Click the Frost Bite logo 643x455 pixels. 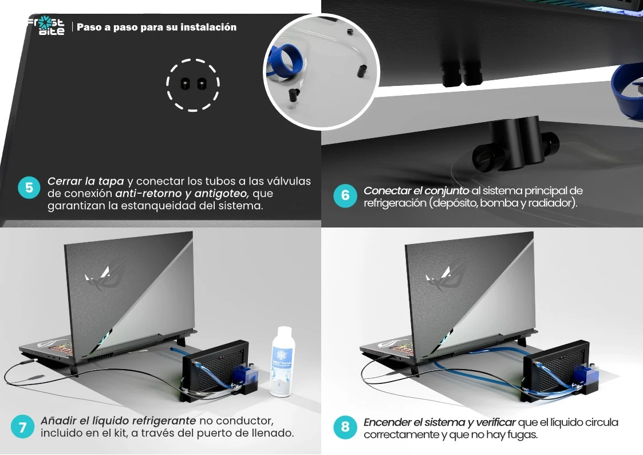46,25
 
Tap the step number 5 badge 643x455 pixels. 29,188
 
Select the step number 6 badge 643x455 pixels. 345,196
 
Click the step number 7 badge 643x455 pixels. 22,427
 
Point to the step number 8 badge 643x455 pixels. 345,427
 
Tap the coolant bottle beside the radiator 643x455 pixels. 282,362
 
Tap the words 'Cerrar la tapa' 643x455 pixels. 86,181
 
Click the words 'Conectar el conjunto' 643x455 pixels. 416,191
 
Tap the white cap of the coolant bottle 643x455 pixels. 284,331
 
